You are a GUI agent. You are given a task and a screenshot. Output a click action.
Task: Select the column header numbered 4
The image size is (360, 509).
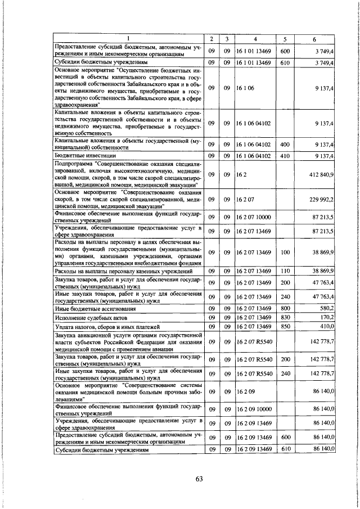(255, 39)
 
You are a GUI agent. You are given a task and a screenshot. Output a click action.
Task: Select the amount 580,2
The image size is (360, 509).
(327, 308)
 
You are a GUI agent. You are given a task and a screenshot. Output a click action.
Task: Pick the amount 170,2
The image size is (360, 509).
(327, 317)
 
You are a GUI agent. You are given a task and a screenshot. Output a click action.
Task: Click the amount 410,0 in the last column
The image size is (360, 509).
(327, 326)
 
